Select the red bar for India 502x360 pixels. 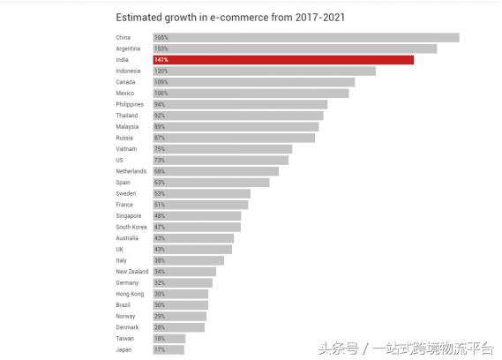(282, 60)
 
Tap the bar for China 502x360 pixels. (305, 37)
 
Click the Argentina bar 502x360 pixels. (294, 49)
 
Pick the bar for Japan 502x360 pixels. (169, 349)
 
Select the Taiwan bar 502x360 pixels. (169, 338)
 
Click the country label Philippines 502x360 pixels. (130, 104)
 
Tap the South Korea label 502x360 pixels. (131, 227)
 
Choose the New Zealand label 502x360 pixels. (131, 272)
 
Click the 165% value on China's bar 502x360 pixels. (161, 37)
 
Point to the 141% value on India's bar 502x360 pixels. (161, 60)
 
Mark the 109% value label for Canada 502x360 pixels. (161, 82)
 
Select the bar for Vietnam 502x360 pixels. (222, 149)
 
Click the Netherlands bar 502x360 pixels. (215, 171)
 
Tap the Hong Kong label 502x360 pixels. (129, 294)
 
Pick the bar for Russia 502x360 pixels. (234, 138)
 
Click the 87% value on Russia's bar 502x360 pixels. (160, 138)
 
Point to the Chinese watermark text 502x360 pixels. (405, 347)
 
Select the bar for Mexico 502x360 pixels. (251, 93)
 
